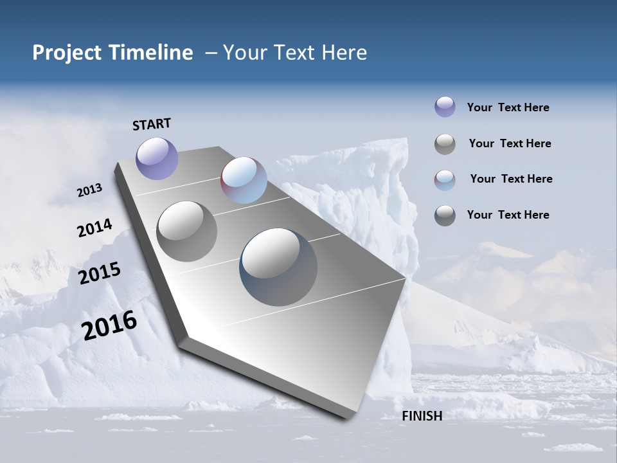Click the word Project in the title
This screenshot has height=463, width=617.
[x=67, y=53]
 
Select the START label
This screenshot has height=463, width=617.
[x=152, y=124]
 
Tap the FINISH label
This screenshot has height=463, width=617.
[x=422, y=416]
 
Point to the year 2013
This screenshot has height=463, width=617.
[x=89, y=190]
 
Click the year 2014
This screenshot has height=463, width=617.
[x=94, y=228]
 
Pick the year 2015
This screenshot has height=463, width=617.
[x=99, y=273]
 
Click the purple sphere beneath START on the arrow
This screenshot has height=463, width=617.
[x=157, y=158]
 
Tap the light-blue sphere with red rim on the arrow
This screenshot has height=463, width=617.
[x=244, y=180]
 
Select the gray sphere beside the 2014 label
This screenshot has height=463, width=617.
[x=187, y=231]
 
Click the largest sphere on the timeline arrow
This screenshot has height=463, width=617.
[x=278, y=267]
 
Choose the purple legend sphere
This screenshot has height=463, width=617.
[x=445, y=107]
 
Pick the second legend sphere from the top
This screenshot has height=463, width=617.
[x=445, y=144]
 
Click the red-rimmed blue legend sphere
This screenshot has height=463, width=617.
[x=445, y=180]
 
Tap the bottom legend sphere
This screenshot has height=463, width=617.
[x=445, y=215]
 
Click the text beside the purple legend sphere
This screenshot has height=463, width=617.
[x=508, y=107]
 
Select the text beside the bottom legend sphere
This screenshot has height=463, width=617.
[x=508, y=215]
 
